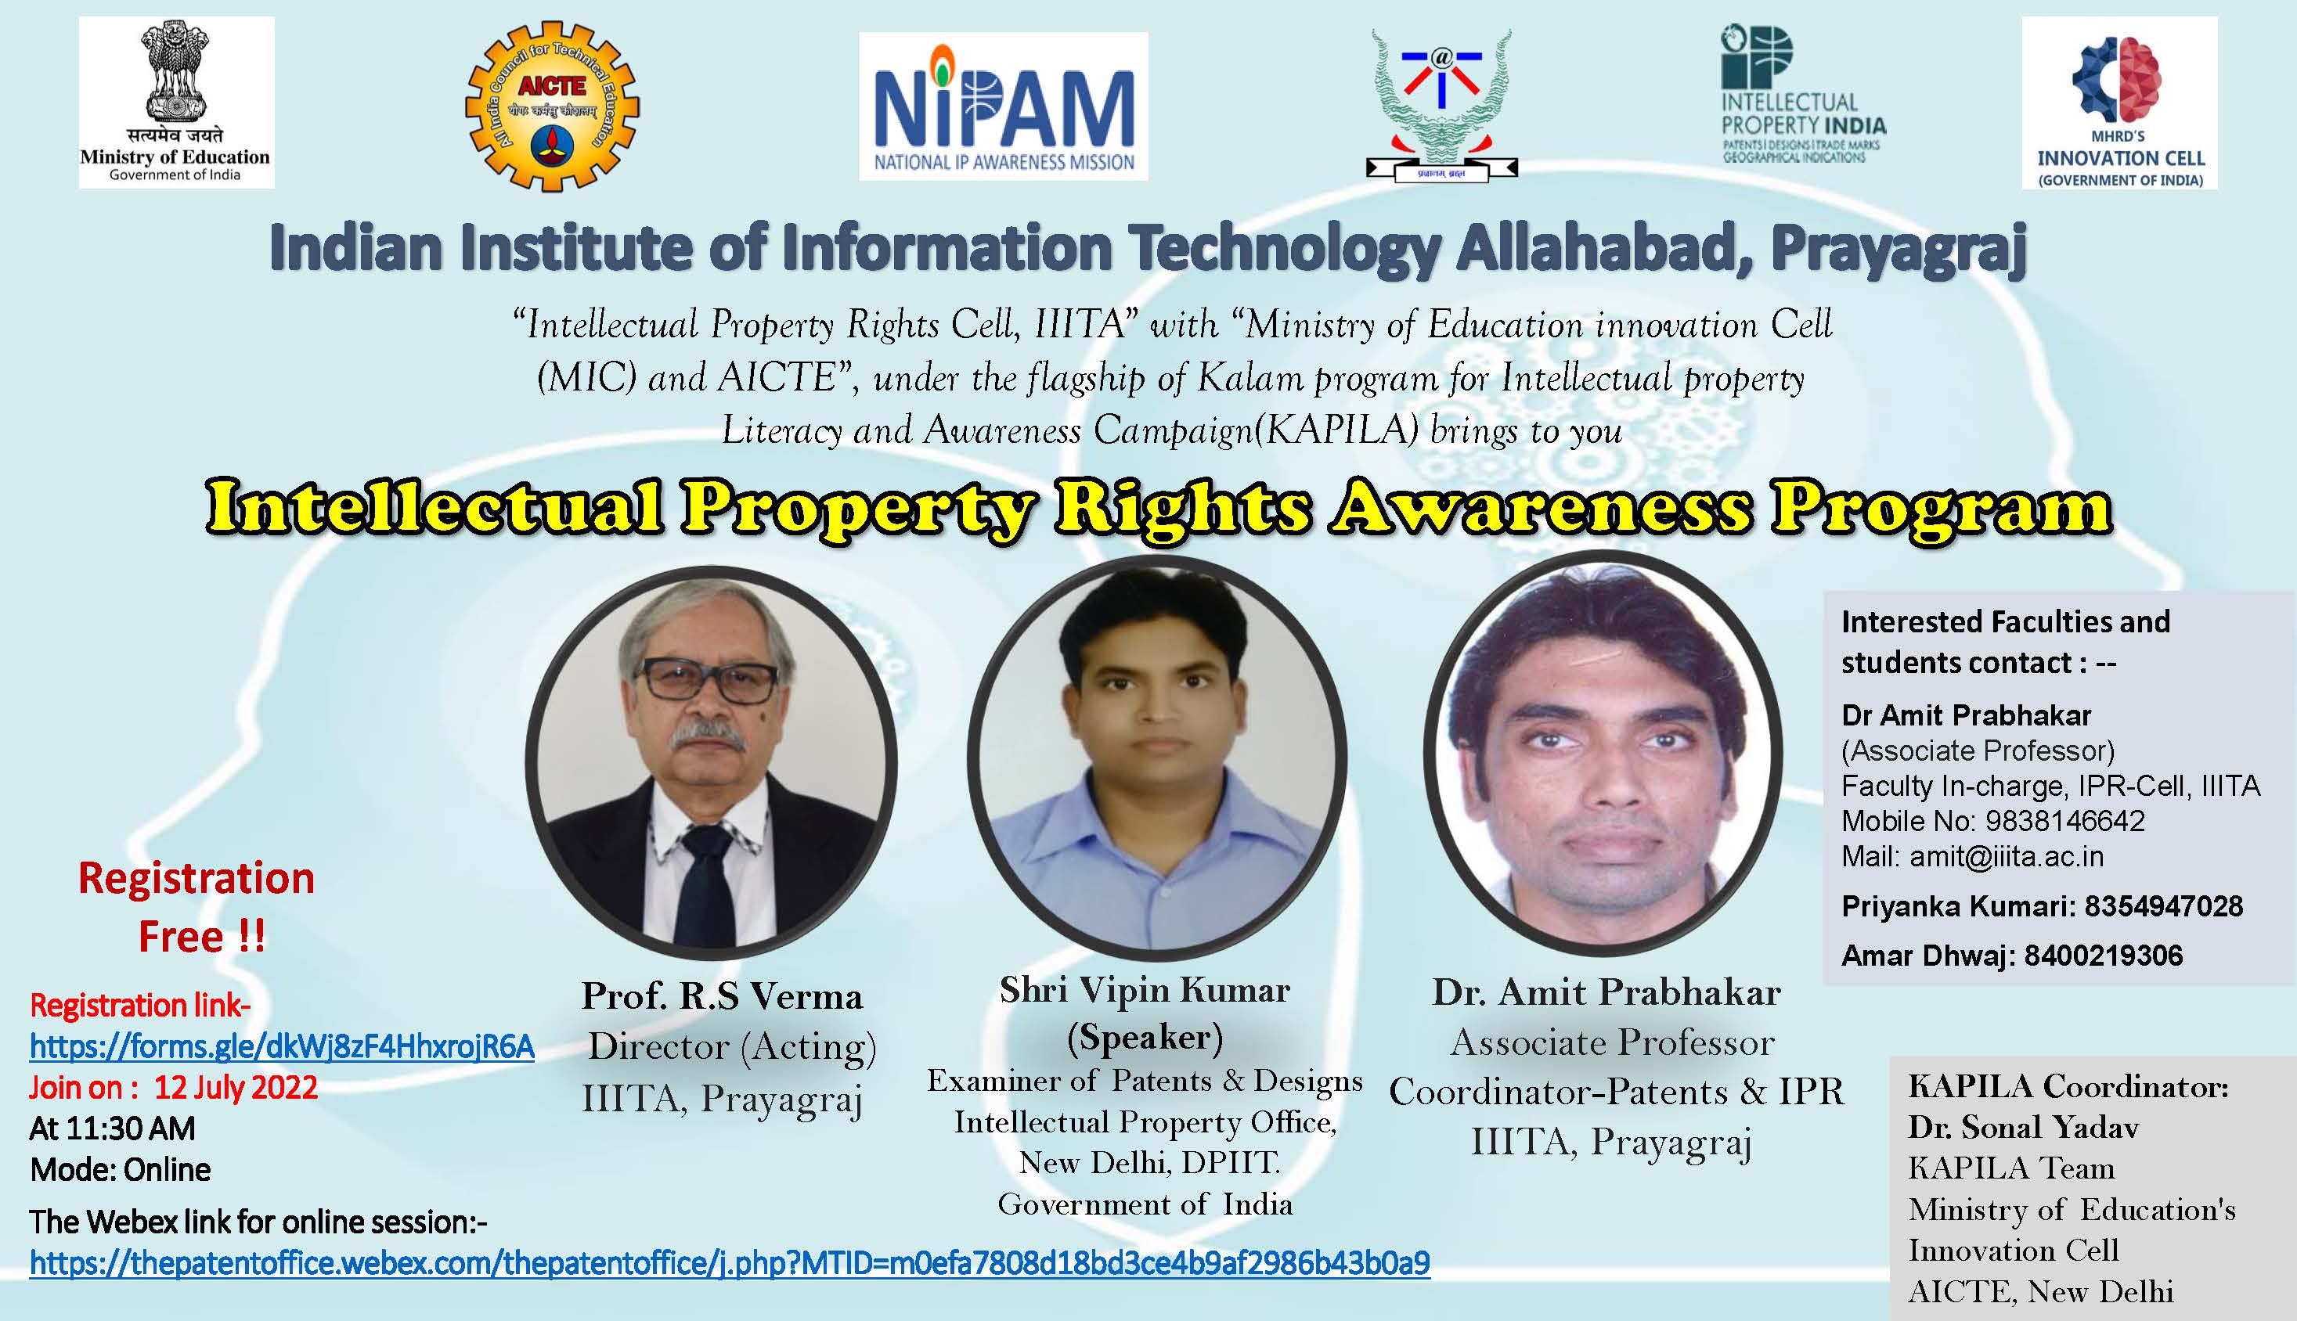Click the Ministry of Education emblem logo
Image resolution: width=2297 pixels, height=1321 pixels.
[x=176, y=102]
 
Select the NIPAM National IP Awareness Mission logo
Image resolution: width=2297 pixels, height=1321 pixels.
[x=1003, y=107]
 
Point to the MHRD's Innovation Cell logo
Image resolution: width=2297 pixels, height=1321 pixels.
[x=2119, y=103]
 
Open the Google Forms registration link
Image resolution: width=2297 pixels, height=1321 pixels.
[x=281, y=1046]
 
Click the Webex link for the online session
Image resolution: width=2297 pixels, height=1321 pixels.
[x=729, y=1262]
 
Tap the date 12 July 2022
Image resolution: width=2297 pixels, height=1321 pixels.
[x=236, y=1087]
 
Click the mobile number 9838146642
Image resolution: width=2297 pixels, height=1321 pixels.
[x=2064, y=821]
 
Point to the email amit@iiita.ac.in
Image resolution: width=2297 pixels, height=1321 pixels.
[x=2006, y=856]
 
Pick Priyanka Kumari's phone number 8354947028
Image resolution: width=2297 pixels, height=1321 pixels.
[x=2164, y=905]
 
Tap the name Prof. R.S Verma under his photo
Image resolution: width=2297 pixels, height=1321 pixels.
[x=722, y=996]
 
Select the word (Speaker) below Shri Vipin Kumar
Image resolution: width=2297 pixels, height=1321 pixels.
[x=1145, y=1037]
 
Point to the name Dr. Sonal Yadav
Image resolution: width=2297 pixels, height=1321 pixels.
[x=2023, y=1127]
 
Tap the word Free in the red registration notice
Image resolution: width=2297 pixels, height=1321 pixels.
[x=182, y=936]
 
